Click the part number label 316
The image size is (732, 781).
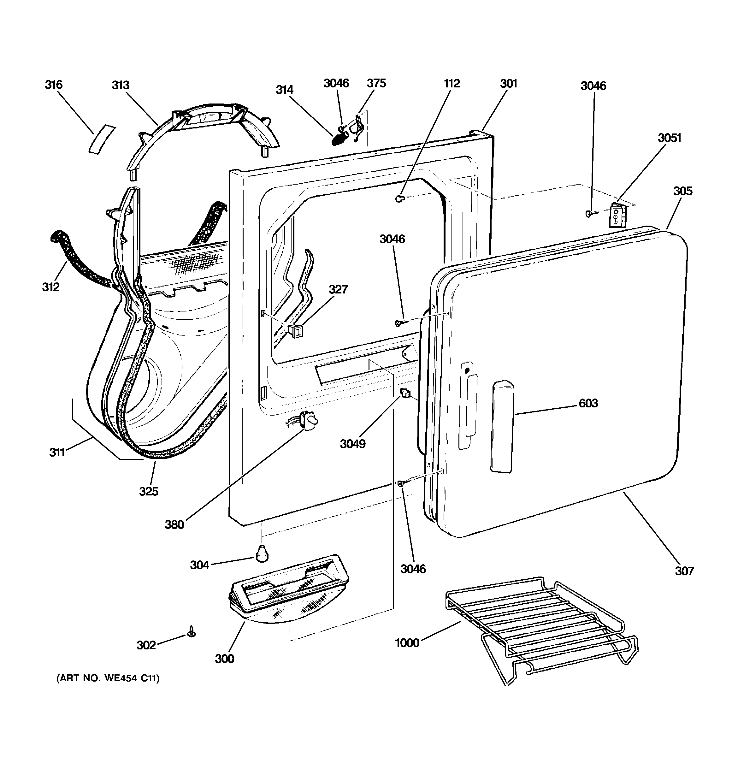coord(54,85)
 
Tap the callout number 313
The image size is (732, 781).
coord(121,85)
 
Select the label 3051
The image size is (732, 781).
coord(670,138)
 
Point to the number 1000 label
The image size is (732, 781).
coord(407,643)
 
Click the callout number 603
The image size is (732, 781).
coord(588,403)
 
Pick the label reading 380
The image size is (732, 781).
coord(174,524)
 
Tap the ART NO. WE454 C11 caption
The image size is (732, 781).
coord(108,678)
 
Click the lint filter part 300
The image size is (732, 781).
coord(289,589)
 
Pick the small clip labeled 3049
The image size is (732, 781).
coord(405,392)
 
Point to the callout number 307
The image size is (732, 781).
coord(684,571)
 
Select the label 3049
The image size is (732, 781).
coord(353,444)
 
